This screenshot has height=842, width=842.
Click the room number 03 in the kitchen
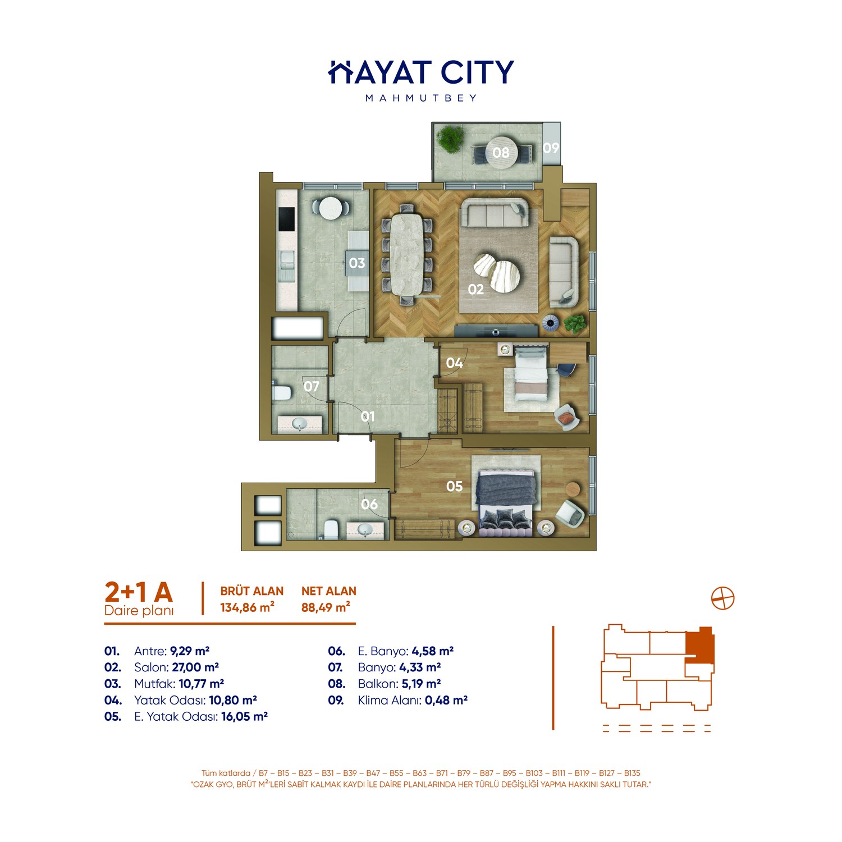[357, 263]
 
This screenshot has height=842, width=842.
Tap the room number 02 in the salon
[475, 289]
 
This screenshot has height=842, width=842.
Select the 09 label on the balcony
[551, 148]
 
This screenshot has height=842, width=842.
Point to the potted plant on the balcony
[450, 138]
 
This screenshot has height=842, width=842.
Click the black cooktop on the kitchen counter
[287, 220]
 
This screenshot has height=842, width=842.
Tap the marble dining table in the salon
[408, 255]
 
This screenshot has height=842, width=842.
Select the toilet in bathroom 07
[282, 392]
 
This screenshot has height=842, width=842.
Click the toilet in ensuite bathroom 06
[331, 529]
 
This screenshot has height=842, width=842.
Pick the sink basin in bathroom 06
[365, 529]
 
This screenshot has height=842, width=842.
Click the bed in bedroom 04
[531, 373]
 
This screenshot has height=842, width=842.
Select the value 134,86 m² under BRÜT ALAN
[247, 607]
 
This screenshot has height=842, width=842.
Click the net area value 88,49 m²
[326, 607]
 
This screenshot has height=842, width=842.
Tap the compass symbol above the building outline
[722, 598]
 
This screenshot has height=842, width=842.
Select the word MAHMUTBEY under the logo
[421, 98]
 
